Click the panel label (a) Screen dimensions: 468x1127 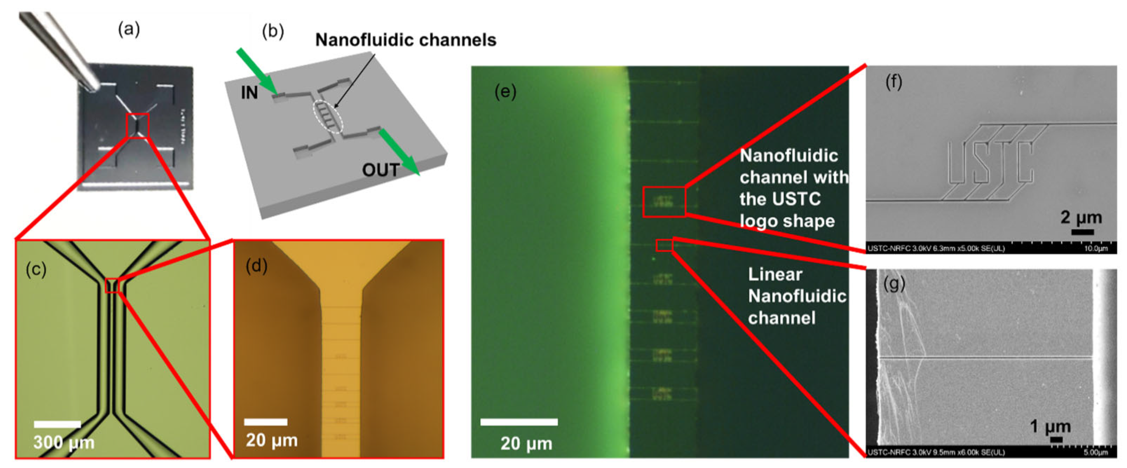tap(129, 30)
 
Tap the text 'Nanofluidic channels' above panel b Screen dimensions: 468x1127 tap(405, 40)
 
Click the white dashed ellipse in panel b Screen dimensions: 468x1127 tap(328, 117)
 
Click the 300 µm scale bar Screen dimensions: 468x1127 tap(57, 424)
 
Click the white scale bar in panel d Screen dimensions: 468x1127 tap(266, 422)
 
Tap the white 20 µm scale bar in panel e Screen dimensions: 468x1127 tap(518, 422)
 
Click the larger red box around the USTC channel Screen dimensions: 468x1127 tap(664, 202)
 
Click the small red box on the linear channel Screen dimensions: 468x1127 tap(664, 245)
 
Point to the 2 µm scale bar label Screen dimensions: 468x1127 tap(1081, 217)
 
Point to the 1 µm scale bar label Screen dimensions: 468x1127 tap(1050, 426)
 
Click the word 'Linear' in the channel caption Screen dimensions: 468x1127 tap(775, 275)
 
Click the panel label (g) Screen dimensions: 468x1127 tap(894, 284)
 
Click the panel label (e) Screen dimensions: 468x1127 tap(505, 92)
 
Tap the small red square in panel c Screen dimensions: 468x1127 tap(112, 285)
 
